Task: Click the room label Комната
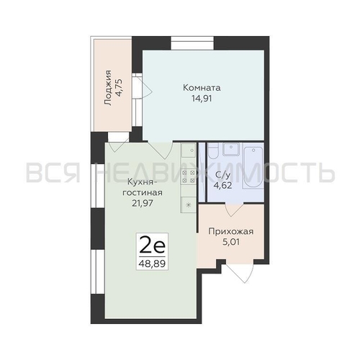click(202, 88)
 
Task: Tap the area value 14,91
click(202, 99)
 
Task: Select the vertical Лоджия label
click(108, 88)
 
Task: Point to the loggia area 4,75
click(119, 88)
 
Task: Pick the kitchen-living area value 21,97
click(143, 203)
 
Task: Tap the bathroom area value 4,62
click(223, 186)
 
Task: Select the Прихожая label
click(231, 232)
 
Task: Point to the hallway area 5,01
click(231, 242)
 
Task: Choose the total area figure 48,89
click(152, 264)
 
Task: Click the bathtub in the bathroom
click(253, 168)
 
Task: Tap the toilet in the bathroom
click(213, 151)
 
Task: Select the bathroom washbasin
click(231, 149)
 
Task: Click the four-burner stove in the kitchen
click(189, 176)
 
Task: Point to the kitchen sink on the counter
click(189, 150)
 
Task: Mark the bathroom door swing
click(235, 210)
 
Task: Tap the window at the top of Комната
click(192, 43)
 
